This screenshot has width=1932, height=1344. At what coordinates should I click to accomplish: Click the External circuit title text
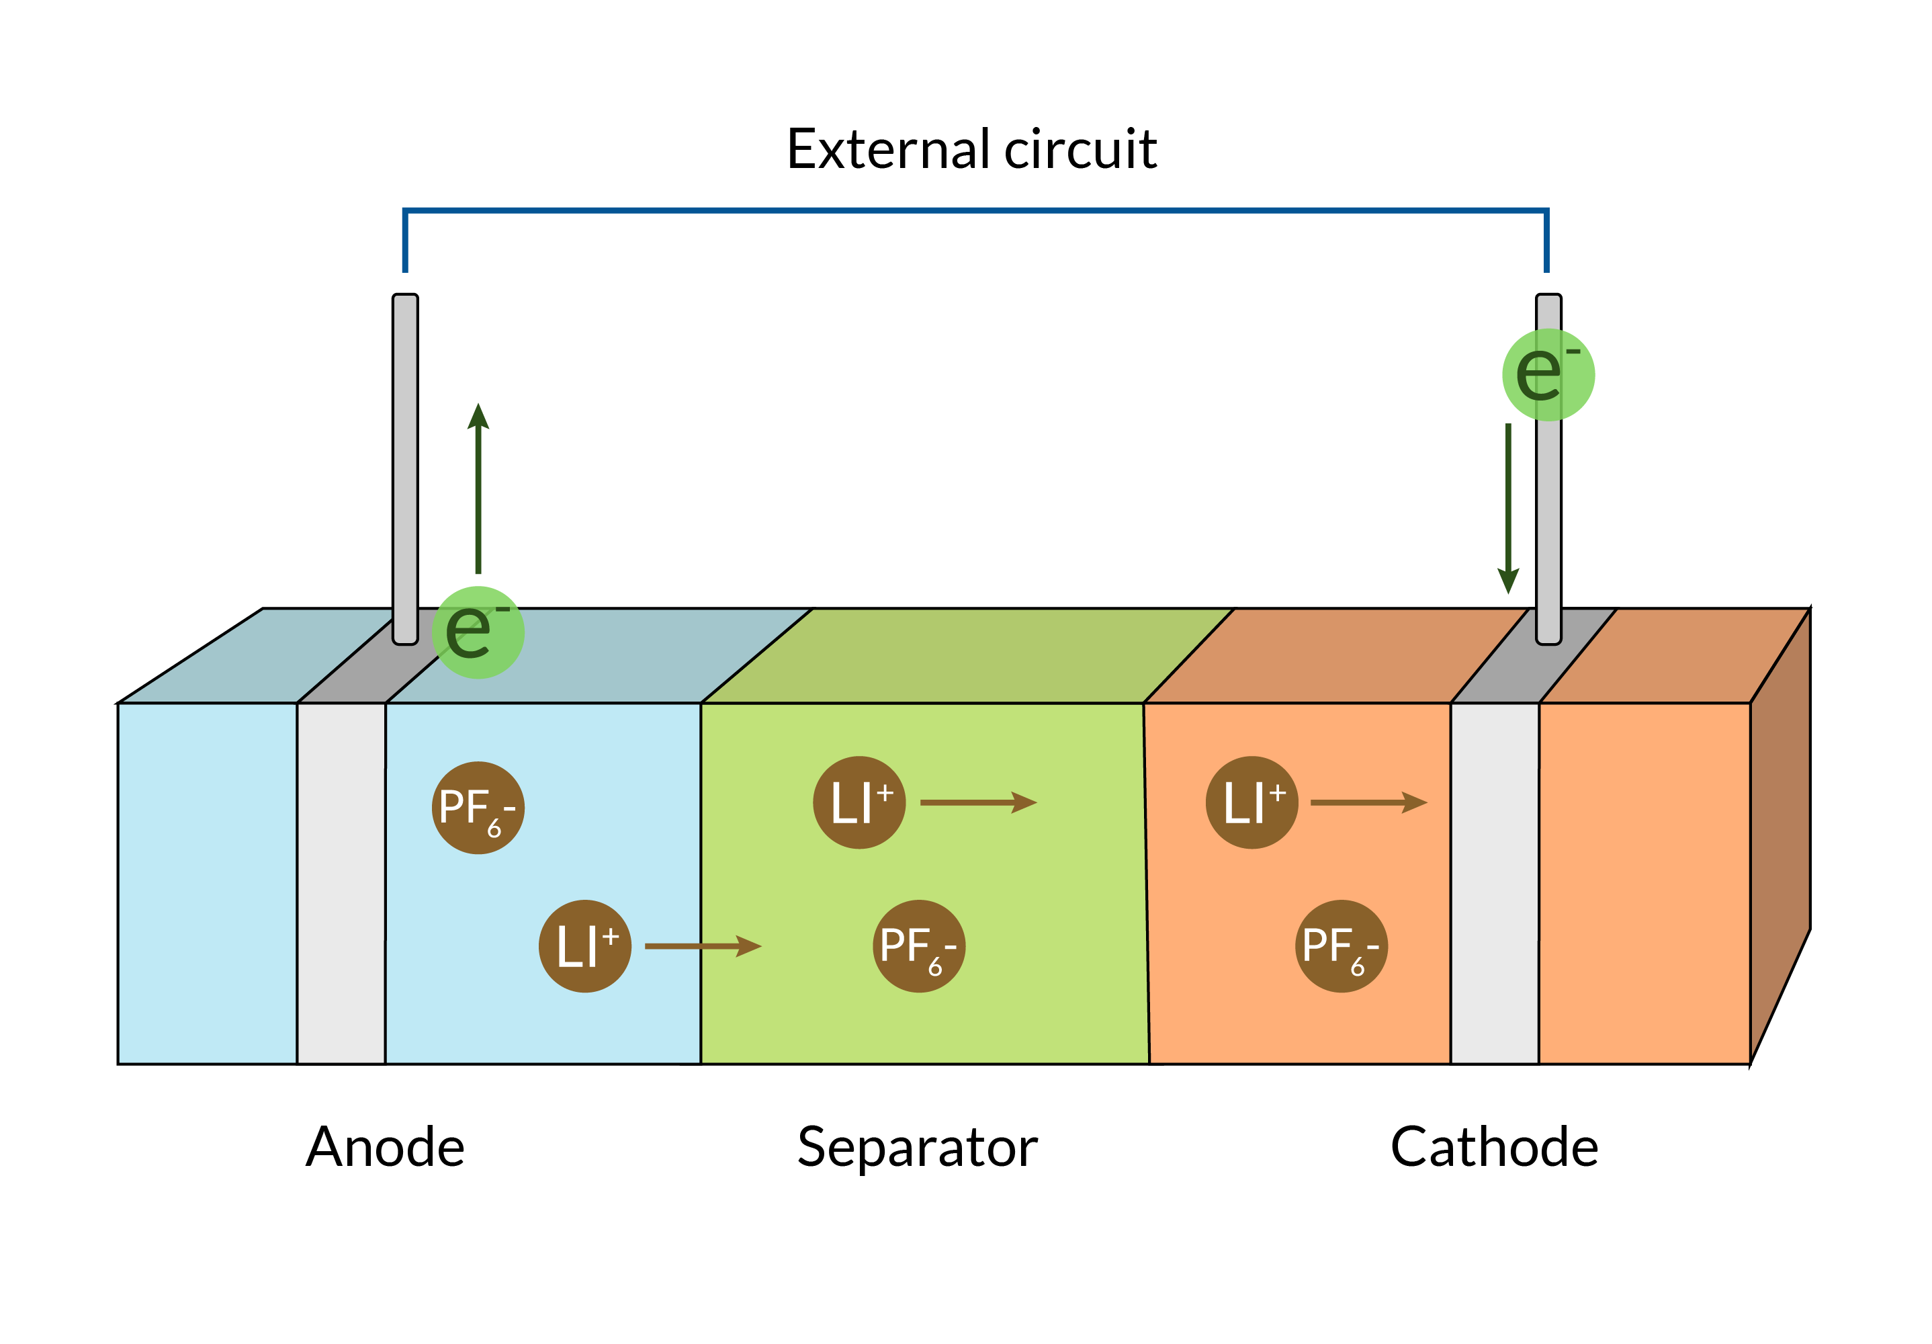[971, 150]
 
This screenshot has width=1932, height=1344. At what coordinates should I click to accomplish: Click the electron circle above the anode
[478, 632]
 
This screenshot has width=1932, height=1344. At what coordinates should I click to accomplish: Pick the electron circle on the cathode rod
[1548, 374]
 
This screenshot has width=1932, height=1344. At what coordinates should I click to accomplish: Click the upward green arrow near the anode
[478, 488]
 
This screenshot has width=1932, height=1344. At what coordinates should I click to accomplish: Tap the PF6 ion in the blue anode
[478, 808]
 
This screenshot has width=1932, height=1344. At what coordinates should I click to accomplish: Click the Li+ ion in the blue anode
[585, 946]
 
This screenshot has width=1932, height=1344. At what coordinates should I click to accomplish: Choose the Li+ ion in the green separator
[859, 802]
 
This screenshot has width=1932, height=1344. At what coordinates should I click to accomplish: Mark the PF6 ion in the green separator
[919, 946]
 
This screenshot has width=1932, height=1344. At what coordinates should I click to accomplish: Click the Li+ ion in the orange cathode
[1252, 802]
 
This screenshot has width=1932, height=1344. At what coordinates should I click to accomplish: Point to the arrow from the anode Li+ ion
[703, 946]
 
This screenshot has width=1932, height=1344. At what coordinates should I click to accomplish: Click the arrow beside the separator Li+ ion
[978, 802]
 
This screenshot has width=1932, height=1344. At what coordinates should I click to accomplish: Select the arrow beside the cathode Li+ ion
[1368, 802]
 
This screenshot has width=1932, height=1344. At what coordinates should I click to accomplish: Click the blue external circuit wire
[975, 210]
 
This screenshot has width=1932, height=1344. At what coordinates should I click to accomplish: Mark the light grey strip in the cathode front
[1495, 884]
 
